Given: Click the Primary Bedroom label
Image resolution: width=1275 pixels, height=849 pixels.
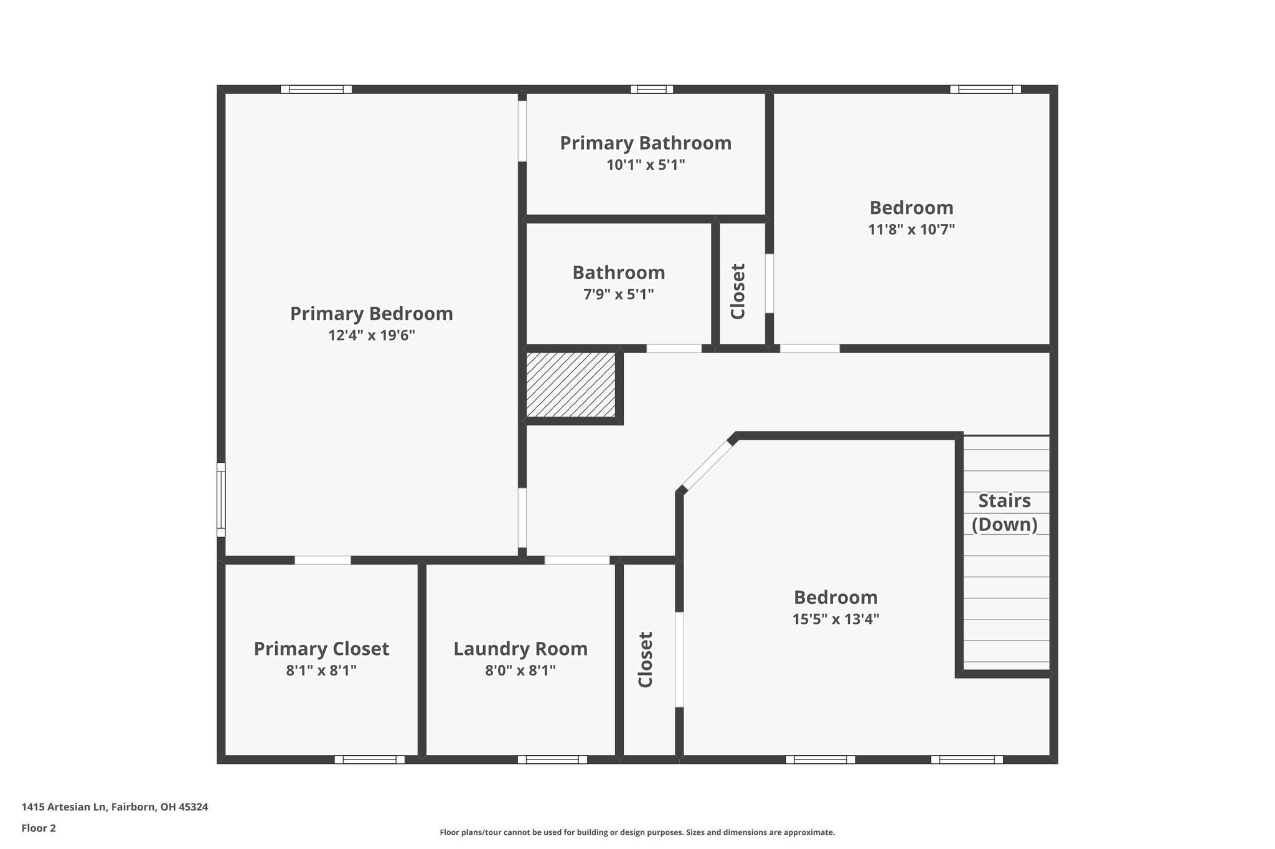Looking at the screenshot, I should [x=371, y=313].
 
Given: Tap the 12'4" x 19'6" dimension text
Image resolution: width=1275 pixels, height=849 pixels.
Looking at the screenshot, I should [x=371, y=336].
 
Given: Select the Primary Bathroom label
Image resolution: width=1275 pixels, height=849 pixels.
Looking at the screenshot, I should [x=646, y=143].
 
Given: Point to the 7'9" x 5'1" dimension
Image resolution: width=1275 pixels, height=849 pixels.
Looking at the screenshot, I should [x=618, y=294].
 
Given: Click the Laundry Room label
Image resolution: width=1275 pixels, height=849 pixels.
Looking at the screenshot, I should [x=520, y=649].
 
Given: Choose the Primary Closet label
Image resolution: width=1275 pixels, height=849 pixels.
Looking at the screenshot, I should [x=321, y=649].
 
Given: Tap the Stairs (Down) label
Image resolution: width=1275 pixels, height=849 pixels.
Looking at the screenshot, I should [x=1004, y=513].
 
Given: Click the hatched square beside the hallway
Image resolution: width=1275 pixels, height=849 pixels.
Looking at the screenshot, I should [x=570, y=384].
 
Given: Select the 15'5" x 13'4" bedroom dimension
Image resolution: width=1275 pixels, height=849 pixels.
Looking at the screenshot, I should [x=835, y=619].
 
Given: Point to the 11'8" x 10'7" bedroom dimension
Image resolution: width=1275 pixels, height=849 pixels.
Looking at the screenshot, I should [x=911, y=230].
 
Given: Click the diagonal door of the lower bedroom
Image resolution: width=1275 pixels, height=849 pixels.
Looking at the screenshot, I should [x=707, y=465].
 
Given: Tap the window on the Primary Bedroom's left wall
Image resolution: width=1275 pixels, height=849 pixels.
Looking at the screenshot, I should [x=221, y=499].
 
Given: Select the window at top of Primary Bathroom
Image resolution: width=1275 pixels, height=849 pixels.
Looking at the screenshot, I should [x=651, y=90].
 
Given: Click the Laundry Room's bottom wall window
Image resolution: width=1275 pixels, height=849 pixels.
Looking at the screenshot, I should [x=552, y=759].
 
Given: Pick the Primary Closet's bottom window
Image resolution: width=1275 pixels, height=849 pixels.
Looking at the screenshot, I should [x=369, y=759].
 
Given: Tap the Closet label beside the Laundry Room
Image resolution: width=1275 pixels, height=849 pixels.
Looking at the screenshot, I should [x=646, y=659].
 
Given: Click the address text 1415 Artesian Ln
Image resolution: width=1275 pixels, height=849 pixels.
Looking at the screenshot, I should [x=115, y=807].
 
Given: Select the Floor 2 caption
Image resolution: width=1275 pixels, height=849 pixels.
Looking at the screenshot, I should [x=39, y=828].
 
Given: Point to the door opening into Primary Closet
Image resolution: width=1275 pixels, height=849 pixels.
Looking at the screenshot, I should [x=322, y=560].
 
